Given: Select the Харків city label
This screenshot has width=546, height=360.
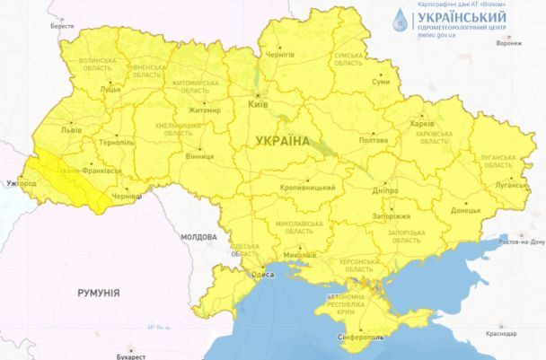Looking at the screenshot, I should tap(420, 123).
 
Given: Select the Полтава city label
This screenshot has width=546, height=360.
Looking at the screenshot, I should tap(373, 141).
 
